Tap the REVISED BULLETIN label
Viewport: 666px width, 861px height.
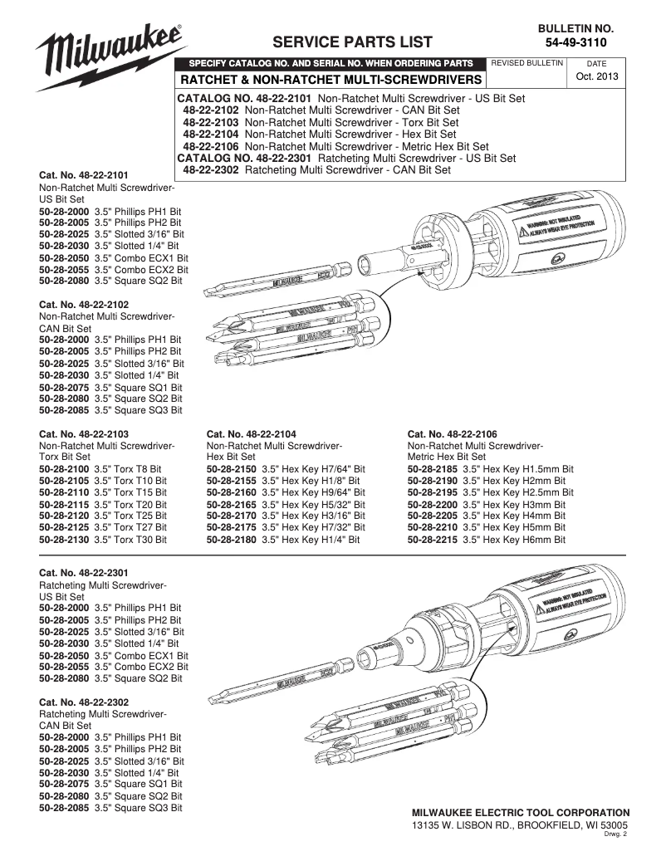[528, 63]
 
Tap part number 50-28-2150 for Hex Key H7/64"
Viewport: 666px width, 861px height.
[232, 469]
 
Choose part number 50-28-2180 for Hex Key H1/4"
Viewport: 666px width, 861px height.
[232, 539]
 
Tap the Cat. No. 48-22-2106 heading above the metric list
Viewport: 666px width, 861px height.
[453, 434]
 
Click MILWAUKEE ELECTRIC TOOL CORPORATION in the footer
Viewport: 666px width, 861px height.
[521, 812]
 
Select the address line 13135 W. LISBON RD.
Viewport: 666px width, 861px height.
[520, 825]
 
